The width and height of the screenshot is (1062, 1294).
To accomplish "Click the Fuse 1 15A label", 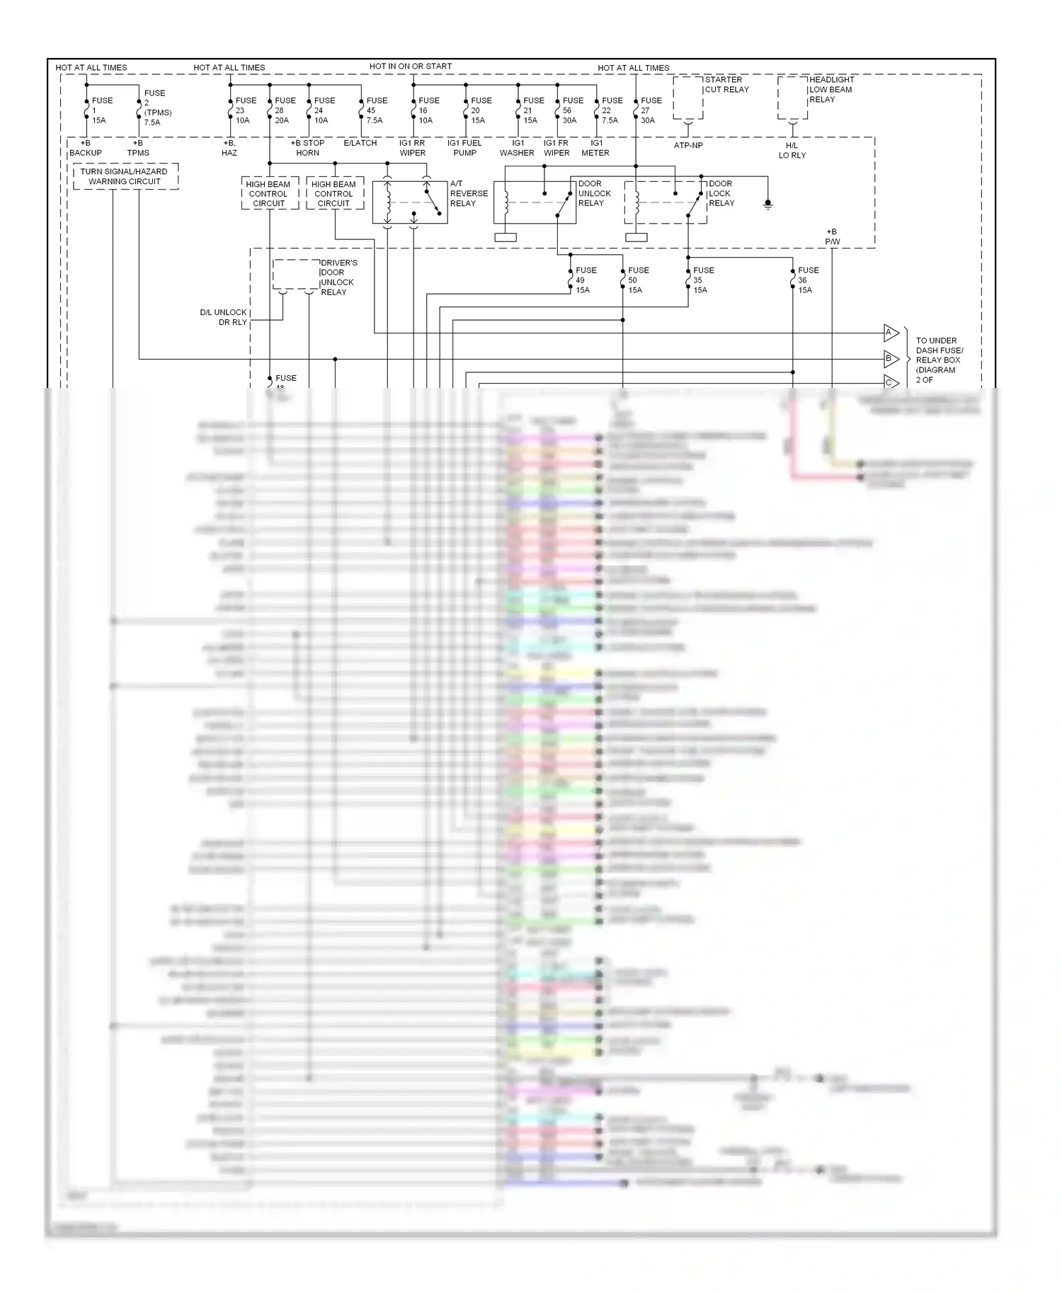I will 101,110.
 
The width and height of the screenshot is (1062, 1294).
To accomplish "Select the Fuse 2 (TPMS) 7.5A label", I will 157,108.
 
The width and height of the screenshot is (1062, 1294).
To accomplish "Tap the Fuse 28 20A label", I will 285,110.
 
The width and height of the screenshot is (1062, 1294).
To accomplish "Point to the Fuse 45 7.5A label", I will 376,110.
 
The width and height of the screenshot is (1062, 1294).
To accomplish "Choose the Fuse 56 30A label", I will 572,110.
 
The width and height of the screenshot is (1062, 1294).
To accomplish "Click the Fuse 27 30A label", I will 651,110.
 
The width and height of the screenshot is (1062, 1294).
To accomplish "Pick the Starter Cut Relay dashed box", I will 687,98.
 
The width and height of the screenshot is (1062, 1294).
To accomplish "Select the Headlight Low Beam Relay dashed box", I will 792,98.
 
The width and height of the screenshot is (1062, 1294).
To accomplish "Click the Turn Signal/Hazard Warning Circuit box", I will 125,176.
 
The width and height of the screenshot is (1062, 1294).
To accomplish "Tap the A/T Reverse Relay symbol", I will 410,202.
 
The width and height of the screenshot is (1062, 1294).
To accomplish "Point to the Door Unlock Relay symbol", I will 535,202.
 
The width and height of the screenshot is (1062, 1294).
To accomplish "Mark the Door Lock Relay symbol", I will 666,202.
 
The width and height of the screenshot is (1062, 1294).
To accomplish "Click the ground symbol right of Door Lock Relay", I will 767,205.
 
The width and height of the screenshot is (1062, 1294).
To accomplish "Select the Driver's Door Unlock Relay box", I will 297,275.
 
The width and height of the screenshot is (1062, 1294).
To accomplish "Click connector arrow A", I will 891,333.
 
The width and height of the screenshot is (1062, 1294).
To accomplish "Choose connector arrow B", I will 891,359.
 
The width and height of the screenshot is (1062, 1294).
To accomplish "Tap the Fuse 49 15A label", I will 586,280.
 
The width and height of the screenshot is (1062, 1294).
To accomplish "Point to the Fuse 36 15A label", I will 807,280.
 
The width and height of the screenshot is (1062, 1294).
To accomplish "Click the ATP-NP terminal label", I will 688,146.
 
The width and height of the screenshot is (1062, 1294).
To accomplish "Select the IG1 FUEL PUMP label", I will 464,148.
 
